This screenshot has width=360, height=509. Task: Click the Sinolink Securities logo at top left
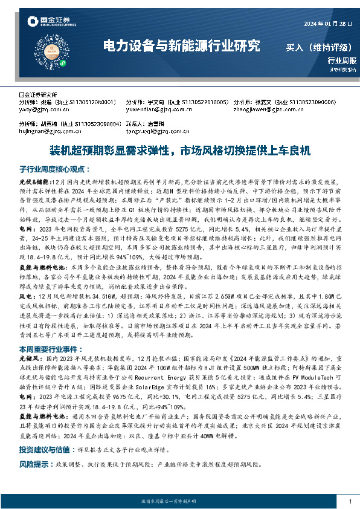[51, 23]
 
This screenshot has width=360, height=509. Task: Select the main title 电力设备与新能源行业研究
[182, 45]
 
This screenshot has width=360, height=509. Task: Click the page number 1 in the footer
[350, 502]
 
